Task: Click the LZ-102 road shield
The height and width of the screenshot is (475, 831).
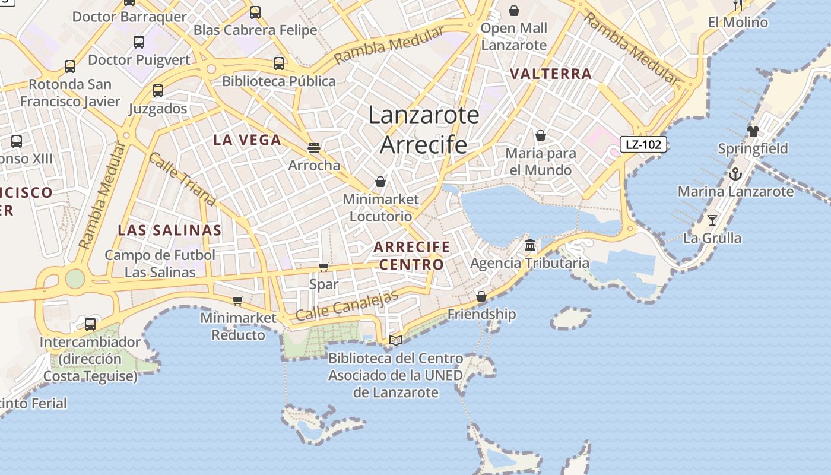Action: coord(643,144)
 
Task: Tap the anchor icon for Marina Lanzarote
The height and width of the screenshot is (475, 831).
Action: coord(735,175)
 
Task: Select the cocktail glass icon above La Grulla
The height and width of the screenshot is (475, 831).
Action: coord(712,220)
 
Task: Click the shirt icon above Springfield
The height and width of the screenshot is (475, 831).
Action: coord(753,131)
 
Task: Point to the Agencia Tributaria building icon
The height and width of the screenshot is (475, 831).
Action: coord(530,245)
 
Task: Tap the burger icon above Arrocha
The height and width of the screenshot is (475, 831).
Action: coord(314,148)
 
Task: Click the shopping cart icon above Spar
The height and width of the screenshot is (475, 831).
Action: coord(323,267)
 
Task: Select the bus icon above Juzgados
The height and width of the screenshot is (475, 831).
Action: coord(158,91)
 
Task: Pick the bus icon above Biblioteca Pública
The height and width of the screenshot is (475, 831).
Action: coord(279,64)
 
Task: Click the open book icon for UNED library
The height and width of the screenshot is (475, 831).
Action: coord(396,340)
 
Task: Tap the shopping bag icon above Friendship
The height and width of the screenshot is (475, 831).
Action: coord(481,296)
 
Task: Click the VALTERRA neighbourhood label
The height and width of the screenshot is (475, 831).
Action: coord(551,74)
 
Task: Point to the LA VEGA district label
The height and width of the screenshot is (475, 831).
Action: coord(247,140)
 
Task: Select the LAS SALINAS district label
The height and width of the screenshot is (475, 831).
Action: coord(170,230)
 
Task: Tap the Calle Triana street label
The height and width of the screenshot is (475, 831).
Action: coord(181,179)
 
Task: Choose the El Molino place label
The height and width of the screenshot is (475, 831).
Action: coord(738,23)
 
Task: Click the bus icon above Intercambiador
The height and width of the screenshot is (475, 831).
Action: coord(90,324)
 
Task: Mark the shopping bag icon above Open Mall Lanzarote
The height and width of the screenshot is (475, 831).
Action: coord(514,11)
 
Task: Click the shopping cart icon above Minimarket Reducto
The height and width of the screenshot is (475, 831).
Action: coord(238,301)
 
